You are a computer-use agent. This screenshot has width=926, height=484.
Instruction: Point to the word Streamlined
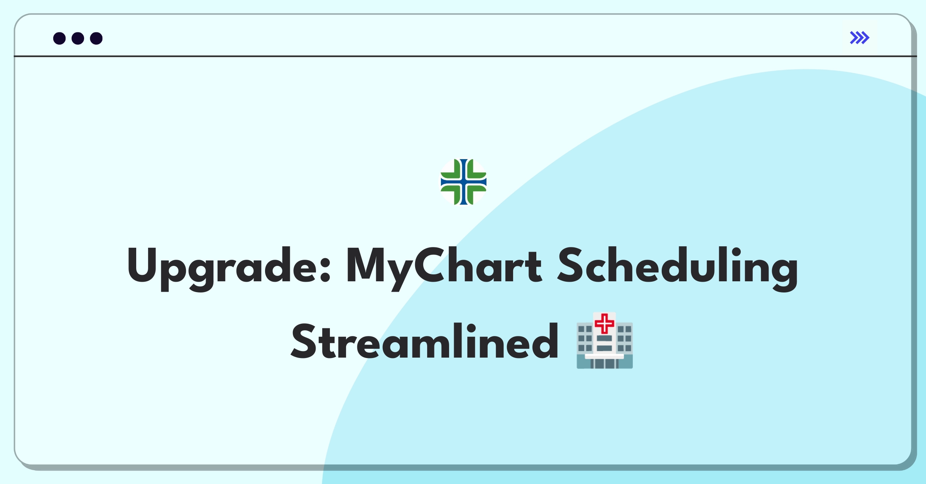pyautogui.click(x=424, y=341)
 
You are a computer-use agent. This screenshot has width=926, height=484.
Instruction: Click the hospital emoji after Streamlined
pyautogui.click(x=605, y=341)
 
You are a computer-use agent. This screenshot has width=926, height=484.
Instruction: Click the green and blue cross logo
pyautogui.click(x=463, y=181)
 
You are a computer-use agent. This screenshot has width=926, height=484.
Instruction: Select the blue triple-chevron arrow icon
pyautogui.click(x=860, y=38)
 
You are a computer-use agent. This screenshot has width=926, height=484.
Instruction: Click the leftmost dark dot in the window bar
pyautogui.click(x=59, y=38)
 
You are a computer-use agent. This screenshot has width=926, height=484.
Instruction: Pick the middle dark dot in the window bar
pyautogui.click(x=78, y=38)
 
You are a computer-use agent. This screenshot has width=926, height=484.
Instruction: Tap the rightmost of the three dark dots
pyautogui.click(x=96, y=38)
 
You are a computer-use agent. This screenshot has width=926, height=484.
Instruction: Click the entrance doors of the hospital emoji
pyautogui.click(x=605, y=363)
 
